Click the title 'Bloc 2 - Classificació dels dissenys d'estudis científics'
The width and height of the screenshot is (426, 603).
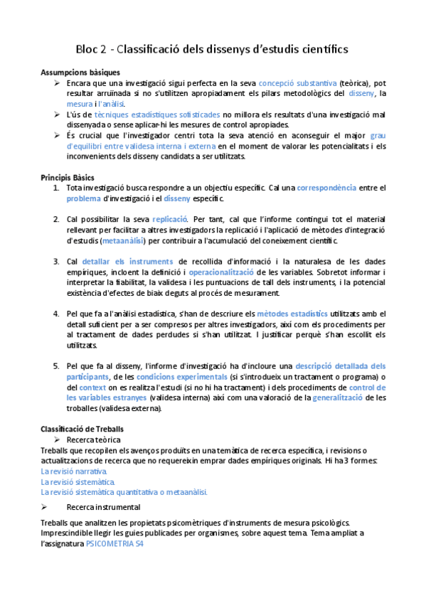[x=212, y=49]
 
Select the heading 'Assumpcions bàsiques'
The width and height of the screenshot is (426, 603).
[x=80, y=73]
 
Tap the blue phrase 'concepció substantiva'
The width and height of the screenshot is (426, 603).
[x=298, y=83]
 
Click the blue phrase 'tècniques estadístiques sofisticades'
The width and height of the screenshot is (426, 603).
[x=157, y=114]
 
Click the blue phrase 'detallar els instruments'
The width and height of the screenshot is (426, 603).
[x=127, y=261]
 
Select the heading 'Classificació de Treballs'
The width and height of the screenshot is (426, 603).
[x=82, y=429]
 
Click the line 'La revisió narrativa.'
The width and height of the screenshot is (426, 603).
[x=75, y=471]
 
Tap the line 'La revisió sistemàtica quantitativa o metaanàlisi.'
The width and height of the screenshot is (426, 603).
[x=124, y=492]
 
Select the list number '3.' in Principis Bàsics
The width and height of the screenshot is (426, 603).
[x=56, y=261]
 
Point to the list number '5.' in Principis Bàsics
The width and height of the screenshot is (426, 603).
[x=56, y=366]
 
